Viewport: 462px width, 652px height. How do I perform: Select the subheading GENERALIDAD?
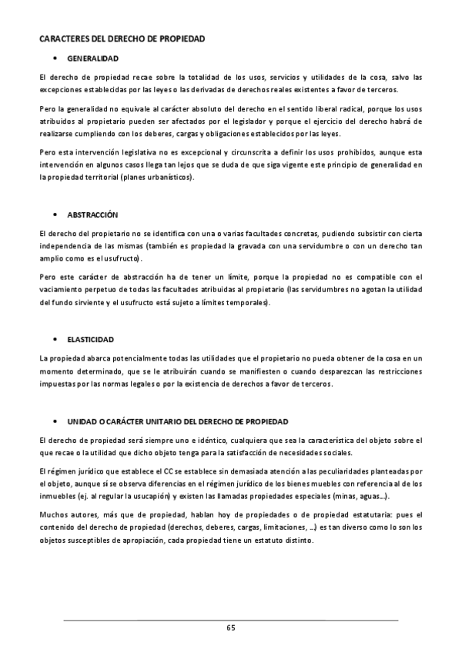(92, 58)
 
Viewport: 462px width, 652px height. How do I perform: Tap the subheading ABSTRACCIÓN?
(93, 214)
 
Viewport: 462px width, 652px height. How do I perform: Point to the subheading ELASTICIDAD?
(92, 339)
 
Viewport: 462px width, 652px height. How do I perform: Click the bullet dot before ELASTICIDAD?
(55, 339)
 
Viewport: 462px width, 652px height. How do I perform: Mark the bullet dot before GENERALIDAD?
(55, 58)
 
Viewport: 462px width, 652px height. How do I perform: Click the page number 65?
(230, 628)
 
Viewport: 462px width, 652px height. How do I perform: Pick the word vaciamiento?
(62, 290)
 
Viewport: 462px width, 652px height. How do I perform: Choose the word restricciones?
(394, 371)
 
